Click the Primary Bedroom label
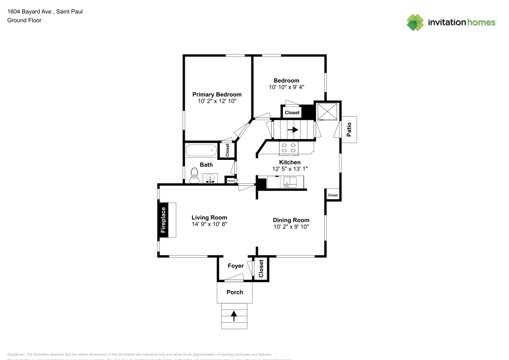pyautogui.click(x=217, y=94)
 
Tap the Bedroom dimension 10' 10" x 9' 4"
pyautogui.click(x=287, y=88)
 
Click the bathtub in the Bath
pyautogui.click(x=202, y=151)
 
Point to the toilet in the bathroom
pyautogui.click(x=193, y=176)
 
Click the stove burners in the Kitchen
pyautogui.click(x=289, y=148)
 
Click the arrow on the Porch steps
pyautogui.click(x=235, y=316)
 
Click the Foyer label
pyautogui.click(x=235, y=266)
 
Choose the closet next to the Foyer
pyautogui.click(x=261, y=268)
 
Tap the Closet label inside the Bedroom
pyautogui.click(x=292, y=113)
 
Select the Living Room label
pyautogui.click(x=209, y=217)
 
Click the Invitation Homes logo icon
pyautogui.click(x=415, y=22)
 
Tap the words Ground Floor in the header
pyautogui.click(x=24, y=20)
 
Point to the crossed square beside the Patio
pyautogui.click(x=327, y=112)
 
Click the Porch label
pyautogui.click(x=235, y=292)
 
